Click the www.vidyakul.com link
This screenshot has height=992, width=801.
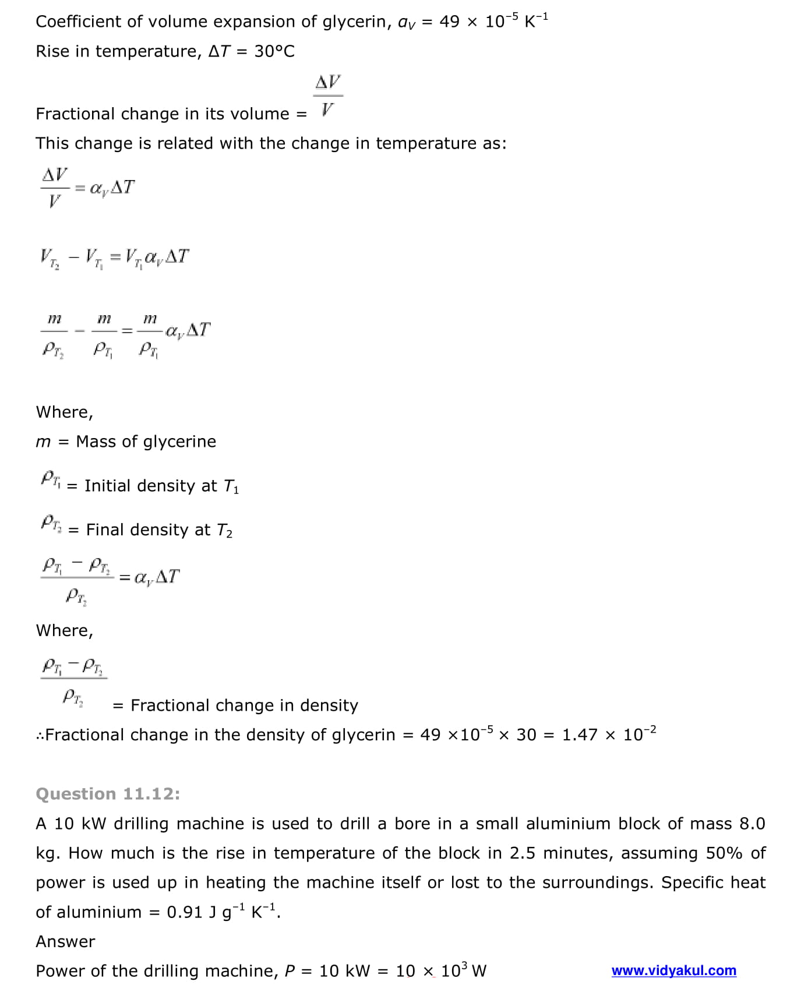pyautogui.click(x=673, y=970)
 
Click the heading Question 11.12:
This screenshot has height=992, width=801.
pyautogui.click(x=108, y=794)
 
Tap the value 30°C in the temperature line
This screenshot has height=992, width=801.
pyautogui.click(x=274, y=51)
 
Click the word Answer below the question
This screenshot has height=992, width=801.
pyautogui.click(x=65, y=941)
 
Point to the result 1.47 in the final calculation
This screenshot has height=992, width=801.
pyautogui.click(x=580, y=735)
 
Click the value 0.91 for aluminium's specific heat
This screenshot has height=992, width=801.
pyautogui.click(x=184, y=912)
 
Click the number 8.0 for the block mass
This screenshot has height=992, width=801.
pyautogui.click(x=752, y=824)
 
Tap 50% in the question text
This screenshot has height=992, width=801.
pyautogui.click(x=724, y=853)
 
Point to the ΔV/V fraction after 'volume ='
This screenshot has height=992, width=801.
pyautogui.click(x=328, y=96)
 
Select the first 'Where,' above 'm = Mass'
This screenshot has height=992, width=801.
pyautogui.click(x=64, y=412)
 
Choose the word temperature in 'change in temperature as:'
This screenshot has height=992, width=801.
pyautogui.click(x=426, y=143)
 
